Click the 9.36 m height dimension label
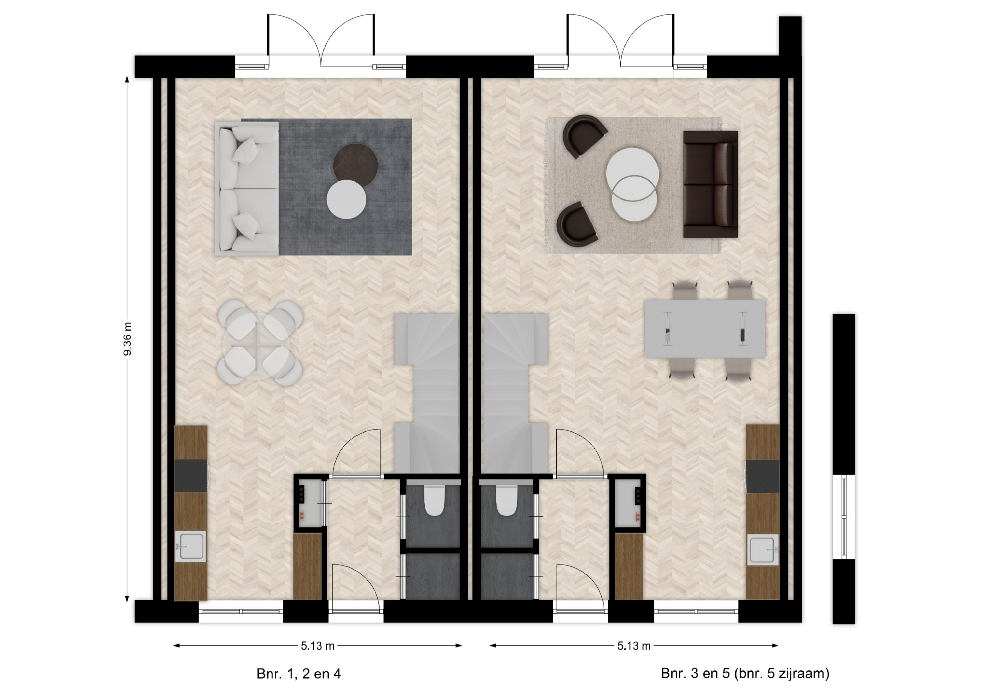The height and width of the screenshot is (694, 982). coord(127,339)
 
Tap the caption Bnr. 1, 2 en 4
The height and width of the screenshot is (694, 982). coord(298,674)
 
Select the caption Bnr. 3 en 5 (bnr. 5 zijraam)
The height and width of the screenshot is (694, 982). coord(745,674)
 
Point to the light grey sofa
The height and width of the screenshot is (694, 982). coord(247,189)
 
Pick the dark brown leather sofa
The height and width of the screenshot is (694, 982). coord(710,184)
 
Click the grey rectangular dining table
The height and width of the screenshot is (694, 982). coord(705,329)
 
